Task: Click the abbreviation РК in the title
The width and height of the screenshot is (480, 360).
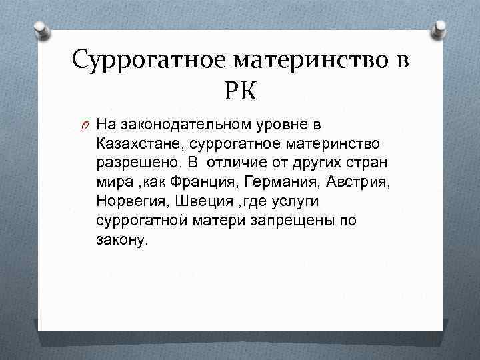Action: point(240,88)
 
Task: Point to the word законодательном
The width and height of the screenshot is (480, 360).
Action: point(169,124)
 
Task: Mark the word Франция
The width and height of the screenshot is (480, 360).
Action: point(207,182)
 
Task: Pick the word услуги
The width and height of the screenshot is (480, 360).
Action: point(289,201)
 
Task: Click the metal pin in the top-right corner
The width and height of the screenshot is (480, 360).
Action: point(441,27)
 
